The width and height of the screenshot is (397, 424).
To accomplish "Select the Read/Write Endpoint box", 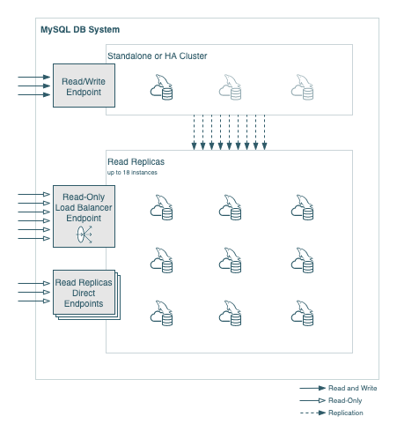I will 84,86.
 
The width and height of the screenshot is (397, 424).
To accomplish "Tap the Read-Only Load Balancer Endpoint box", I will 84,216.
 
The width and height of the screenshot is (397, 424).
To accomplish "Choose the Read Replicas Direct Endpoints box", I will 83,293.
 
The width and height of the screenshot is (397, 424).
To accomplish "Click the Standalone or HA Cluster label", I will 157,56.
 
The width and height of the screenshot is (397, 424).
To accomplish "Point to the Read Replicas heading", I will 136,162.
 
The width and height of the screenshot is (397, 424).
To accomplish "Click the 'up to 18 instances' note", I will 131,173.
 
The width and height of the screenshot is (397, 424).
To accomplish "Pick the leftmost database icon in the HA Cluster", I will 160,89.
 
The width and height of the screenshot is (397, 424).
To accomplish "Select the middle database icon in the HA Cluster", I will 231,89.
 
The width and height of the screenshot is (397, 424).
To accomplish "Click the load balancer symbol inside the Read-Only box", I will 84,234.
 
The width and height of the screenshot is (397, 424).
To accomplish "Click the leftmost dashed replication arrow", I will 194,132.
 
